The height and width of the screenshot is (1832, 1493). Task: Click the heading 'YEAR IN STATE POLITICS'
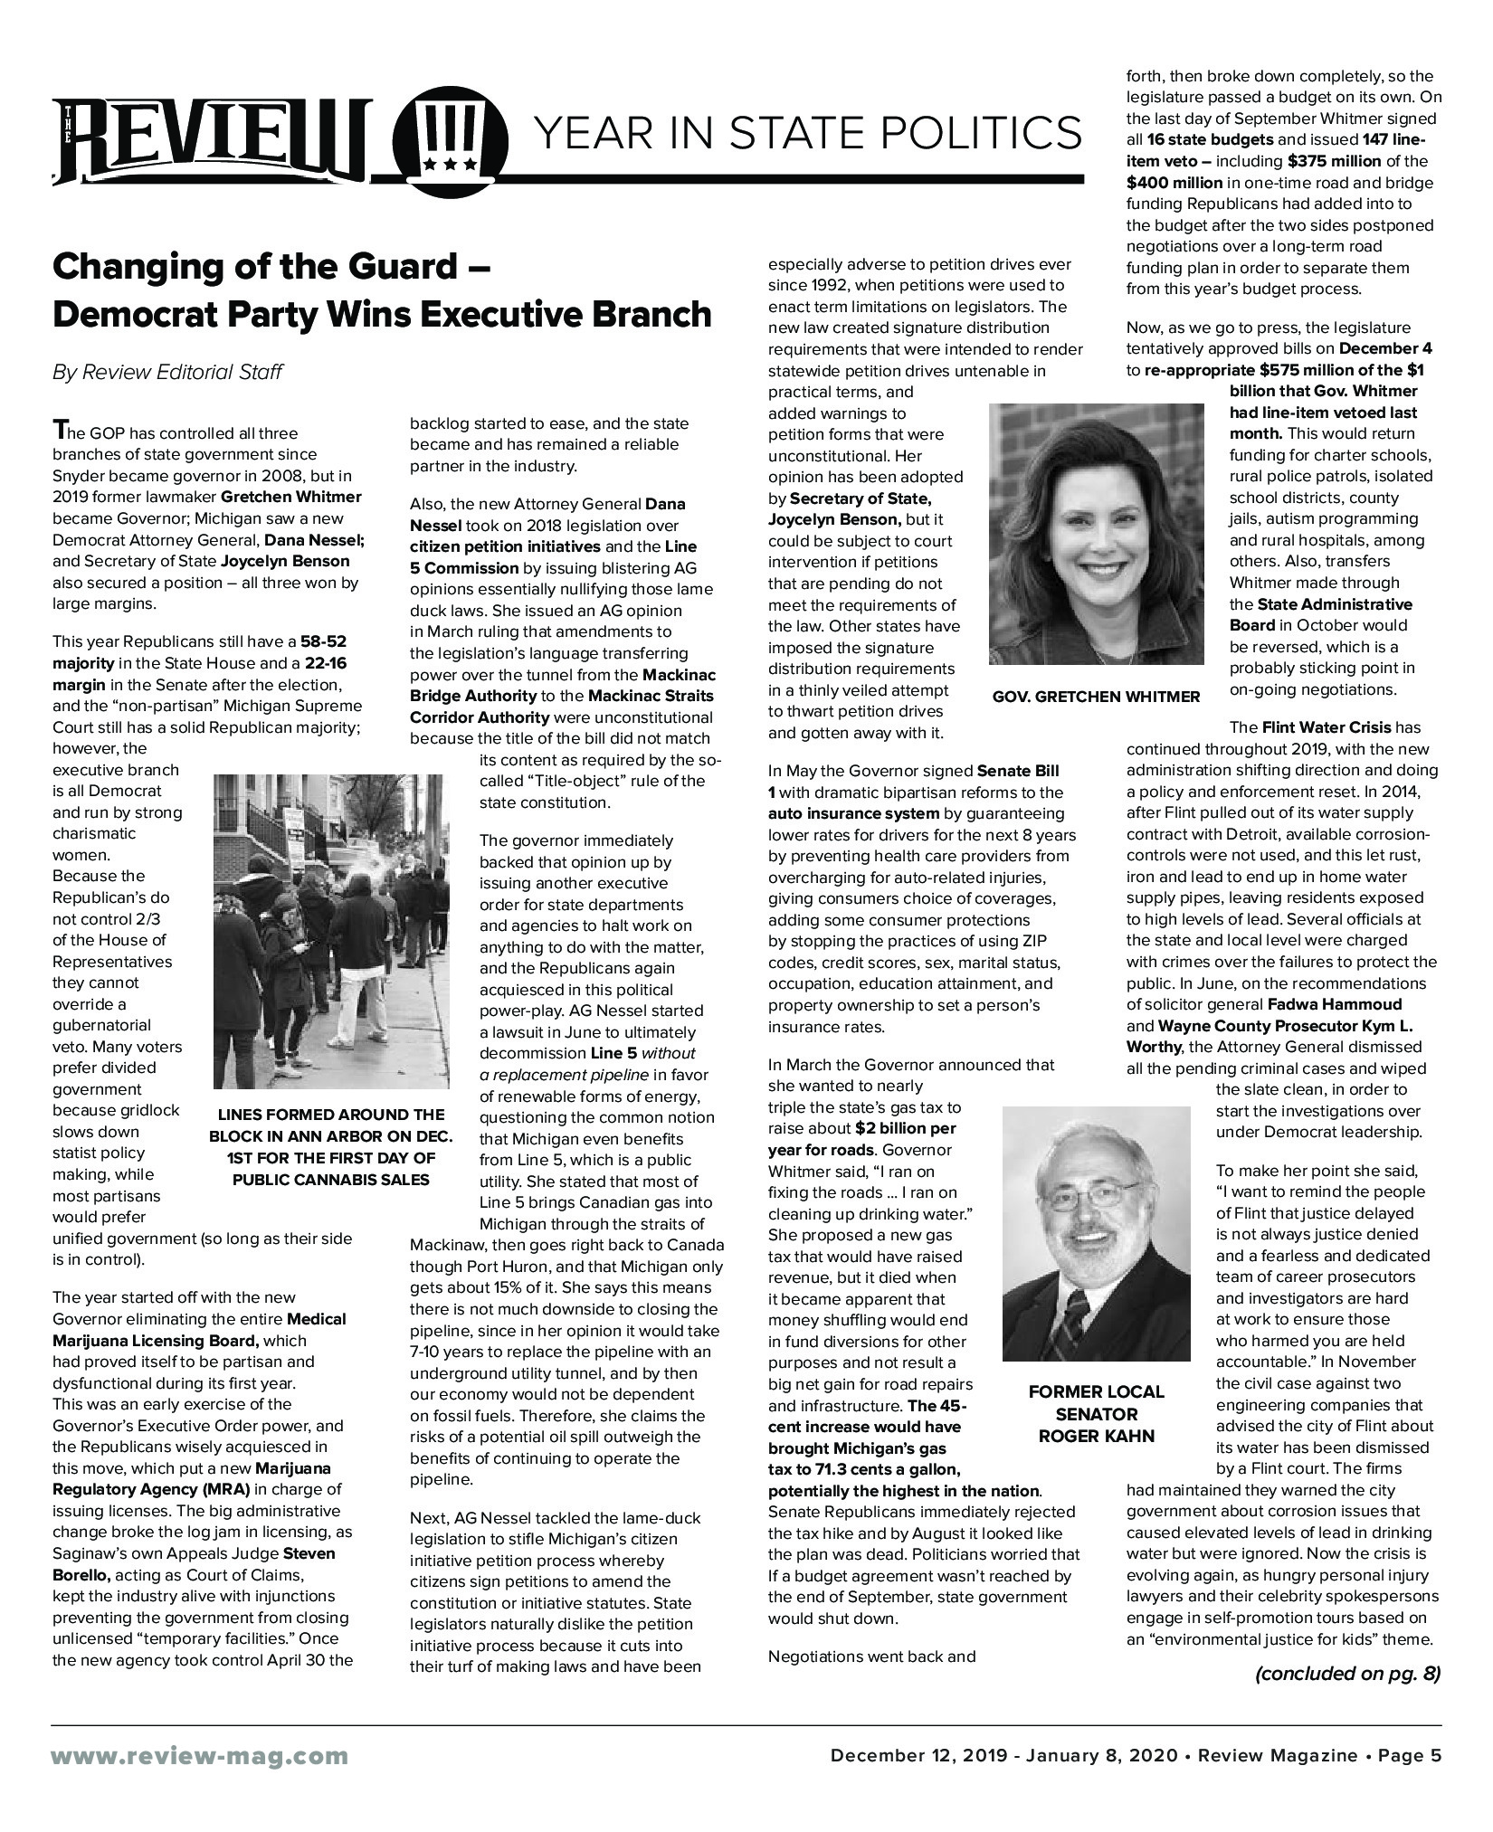click(x=808, y=133)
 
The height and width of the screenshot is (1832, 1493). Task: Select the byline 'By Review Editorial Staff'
click(x=167, y=372)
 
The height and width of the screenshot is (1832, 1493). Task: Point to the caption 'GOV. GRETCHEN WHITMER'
click(x=1096, y=696)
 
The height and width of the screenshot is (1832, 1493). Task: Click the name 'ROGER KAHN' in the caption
click(x=1096, y=1436)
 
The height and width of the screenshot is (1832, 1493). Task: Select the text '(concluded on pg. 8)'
click(x=1347, y=1674)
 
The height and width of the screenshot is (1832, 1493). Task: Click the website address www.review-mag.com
click(x=200, y=1756)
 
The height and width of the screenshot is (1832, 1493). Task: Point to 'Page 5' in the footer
click(x=1409, y=1756)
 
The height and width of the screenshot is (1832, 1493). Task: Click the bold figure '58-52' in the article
click(x=324, y=641)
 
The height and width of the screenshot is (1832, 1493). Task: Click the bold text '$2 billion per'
click(x=905, y=1128)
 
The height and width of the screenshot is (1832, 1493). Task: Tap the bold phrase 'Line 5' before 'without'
click(x=613, y=1053)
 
